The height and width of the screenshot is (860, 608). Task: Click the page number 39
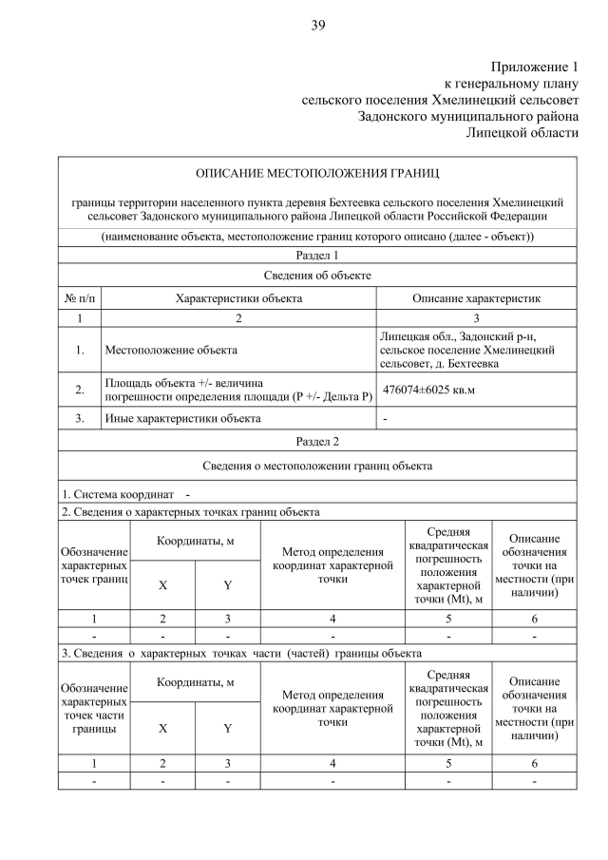pos(318,26)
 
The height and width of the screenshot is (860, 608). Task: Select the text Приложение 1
pos(534,67)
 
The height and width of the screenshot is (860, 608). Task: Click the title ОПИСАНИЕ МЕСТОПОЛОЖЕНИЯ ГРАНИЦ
pos(317,173)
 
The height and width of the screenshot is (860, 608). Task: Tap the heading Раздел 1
pos(317,256)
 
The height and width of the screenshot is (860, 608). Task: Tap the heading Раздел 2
pos(317,441)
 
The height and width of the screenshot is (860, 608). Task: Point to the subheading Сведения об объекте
pos(317,276)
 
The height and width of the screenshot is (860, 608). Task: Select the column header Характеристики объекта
pos(238,297)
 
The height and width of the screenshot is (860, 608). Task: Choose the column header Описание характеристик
pos(476,297)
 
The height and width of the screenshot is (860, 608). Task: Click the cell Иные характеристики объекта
pos(182,418)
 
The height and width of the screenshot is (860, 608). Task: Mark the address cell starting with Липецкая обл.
pos(466,351)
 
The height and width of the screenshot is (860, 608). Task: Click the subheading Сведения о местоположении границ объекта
pos(317,466)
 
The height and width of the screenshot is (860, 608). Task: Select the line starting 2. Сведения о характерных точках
pos(190,512)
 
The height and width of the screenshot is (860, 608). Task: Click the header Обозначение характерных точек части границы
pos(93,707)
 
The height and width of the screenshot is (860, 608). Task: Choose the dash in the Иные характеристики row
pos(385,418)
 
